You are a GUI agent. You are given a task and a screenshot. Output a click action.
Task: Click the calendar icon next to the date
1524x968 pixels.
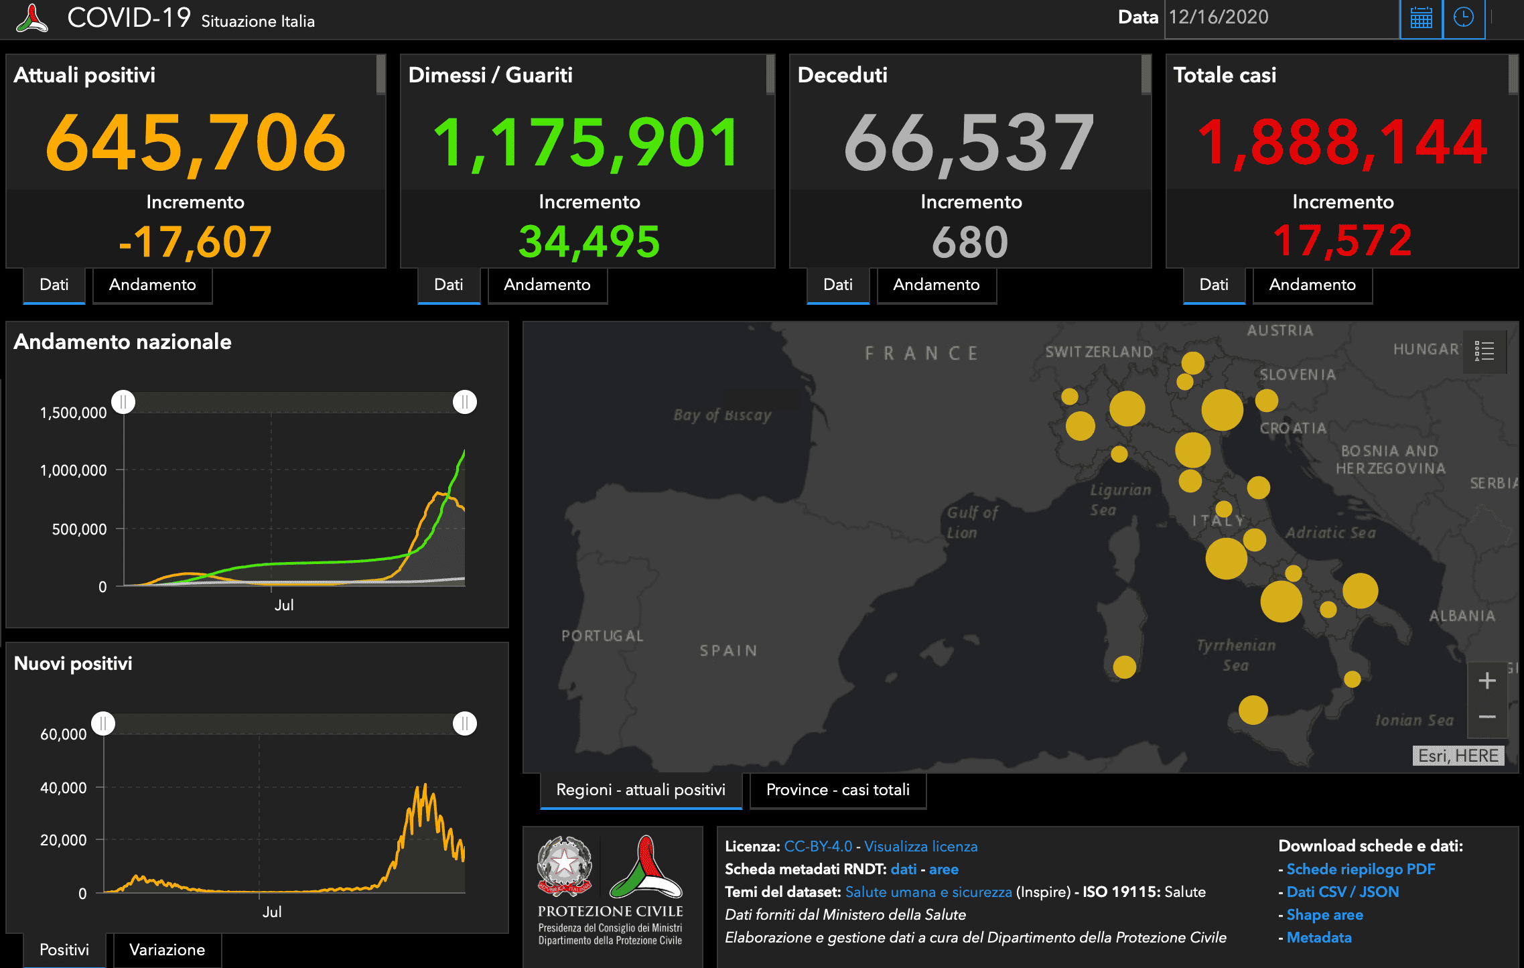[1421, 18]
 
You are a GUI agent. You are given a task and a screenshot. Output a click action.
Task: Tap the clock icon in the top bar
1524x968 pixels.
[1464, 18]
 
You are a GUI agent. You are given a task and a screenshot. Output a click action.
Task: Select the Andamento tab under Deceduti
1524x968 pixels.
[936, 285]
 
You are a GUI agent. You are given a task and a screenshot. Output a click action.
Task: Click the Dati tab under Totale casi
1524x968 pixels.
[1213, 285]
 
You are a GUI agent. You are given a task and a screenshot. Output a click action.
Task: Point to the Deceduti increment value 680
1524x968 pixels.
[970, 242]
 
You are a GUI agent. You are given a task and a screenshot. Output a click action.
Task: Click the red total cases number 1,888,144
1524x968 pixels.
[1342, 142]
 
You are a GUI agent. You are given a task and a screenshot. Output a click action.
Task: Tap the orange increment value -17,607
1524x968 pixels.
[195, 242]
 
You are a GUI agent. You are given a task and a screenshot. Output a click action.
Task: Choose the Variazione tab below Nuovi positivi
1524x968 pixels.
[167, 949]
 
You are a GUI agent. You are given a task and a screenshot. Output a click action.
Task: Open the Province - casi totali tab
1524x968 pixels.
[837, 790]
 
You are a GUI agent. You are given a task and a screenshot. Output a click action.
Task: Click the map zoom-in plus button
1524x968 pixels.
[1486, 681]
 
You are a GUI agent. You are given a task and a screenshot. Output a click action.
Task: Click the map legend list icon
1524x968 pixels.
[1484, 350]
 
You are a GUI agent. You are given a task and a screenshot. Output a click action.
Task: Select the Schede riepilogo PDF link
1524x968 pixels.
[1361, 869]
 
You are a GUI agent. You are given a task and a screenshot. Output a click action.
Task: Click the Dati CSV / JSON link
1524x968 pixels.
[1342, 892]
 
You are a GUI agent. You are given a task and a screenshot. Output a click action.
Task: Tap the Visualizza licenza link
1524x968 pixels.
[920, 846]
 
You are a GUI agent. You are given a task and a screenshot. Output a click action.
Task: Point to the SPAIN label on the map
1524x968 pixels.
[728, 650]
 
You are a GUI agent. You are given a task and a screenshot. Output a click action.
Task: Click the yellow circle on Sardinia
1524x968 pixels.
[1124, 667]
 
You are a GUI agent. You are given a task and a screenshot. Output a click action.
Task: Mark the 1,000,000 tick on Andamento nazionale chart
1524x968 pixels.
[74, 470]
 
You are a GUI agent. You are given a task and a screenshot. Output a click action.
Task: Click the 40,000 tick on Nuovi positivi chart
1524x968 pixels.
[64, 788]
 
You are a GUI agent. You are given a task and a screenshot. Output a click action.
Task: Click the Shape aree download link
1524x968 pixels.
[1324, 914]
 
